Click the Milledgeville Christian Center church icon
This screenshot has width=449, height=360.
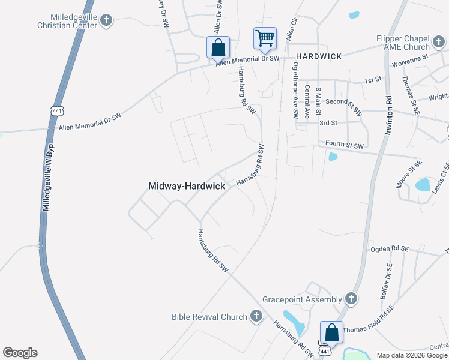(x=106, y=21)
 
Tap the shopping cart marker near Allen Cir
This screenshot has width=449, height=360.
(x=265, y=38)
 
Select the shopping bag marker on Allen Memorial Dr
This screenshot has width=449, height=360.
(x=218, y=47)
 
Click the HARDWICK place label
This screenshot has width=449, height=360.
(x=319, y=56)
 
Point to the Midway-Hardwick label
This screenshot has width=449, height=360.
(x=187, y=186)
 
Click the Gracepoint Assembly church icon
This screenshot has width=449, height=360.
(x=351, y=298)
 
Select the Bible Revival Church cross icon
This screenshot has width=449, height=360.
(x=256, y=316)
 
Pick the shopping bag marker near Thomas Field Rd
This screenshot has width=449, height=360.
(x=331, y=332)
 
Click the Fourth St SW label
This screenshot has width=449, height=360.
(x=345, y=145)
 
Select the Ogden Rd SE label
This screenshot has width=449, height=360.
(x=389, y=248)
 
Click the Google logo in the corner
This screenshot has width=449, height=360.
(x=20, y=353)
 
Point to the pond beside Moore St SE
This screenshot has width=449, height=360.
(x=423, y=184)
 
